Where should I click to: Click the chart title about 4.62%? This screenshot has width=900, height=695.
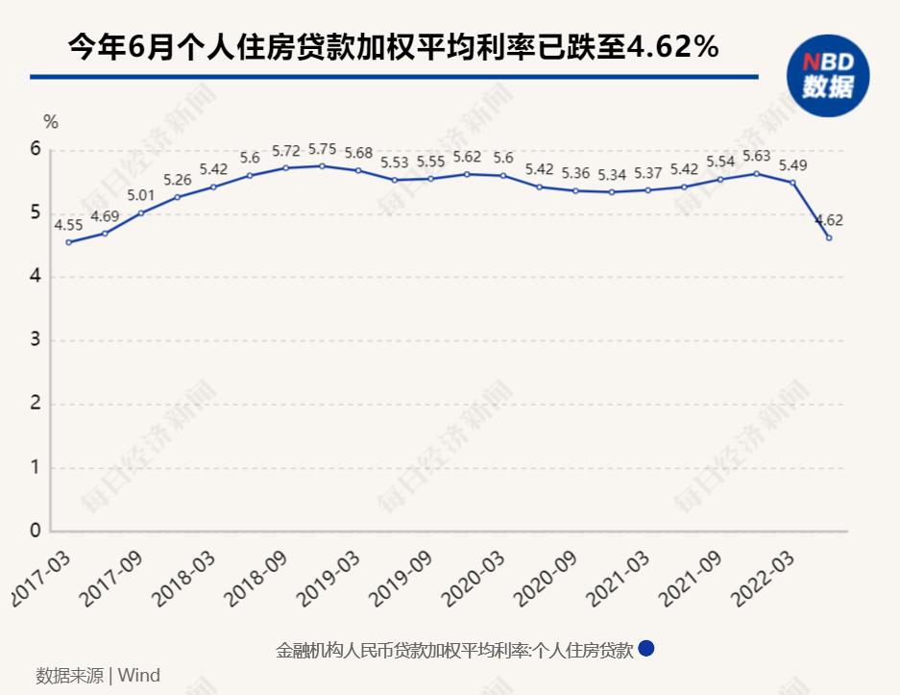click(x=393, y=45)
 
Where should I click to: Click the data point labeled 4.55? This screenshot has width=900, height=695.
click(x=68, y=242)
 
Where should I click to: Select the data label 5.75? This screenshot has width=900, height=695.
click(x=322, y=149)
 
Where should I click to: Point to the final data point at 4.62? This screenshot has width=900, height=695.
click(x=829, y=237)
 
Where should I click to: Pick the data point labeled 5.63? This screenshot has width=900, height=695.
click(x=757, y=174)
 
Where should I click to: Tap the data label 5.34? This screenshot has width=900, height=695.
click(x=612, y=175)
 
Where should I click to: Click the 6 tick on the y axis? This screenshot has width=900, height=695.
click(x=36, y=150)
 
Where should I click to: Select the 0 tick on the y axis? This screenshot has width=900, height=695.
click(x=36, y=531)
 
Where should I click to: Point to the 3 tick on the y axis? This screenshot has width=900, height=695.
click(x=36, y=340)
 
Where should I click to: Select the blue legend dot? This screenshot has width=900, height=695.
click(x=646, y=649)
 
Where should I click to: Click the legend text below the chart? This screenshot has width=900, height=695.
click(x=454, y=651)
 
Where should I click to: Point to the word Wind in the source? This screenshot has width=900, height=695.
click(x=138, y=675)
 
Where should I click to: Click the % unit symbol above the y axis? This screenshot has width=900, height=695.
click(x=51, y=122)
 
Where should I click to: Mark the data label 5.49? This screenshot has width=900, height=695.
click(x=792, y=164)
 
